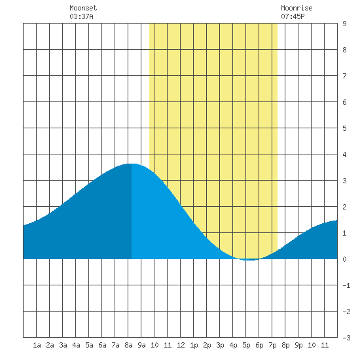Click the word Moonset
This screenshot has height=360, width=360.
point(83,8)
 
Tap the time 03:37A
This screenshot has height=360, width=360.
point(81,16)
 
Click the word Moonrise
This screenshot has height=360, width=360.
point(297,8)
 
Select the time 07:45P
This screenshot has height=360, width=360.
point(293,16)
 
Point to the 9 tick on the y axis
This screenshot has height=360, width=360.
point(344,24)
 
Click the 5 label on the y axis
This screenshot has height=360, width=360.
point(344,128)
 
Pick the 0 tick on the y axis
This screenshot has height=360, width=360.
point(344,259)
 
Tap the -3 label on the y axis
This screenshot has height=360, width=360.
point(346,338)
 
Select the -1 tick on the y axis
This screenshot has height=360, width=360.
point(346,285)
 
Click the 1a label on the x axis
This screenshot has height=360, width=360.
point(37,345)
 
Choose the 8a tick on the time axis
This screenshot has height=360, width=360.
point(128,345)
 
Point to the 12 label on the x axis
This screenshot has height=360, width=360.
point(181,345)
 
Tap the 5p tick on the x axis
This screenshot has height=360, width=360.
point(246,345)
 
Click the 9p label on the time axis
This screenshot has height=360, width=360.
point(298,345)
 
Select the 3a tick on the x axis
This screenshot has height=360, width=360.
point(63,345)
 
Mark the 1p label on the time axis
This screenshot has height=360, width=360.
point(194,345)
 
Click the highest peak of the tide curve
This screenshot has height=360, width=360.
point(132,164)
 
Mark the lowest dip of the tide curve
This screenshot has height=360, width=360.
point(251,260)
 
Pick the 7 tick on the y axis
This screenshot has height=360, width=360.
point(344,76)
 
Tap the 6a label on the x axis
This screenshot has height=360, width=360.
point(102,345)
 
